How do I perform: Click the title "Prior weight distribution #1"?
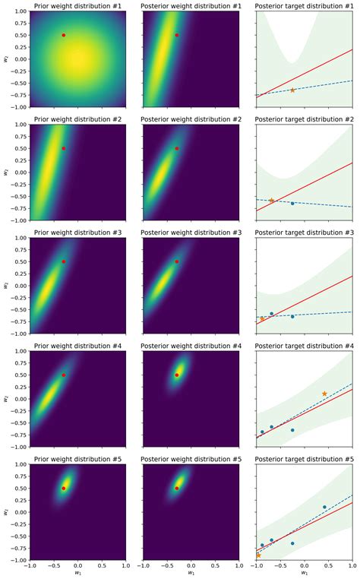77,5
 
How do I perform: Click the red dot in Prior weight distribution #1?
64,35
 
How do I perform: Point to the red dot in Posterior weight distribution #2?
177,148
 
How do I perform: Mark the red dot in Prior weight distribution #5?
64,488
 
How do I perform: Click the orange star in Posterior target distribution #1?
292,90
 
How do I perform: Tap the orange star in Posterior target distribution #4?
324,394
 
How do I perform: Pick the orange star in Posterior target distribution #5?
258,555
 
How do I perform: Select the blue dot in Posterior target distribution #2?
292,203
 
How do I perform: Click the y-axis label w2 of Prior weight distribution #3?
7,286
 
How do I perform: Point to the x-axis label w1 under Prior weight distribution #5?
77,574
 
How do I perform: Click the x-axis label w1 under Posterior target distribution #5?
305,574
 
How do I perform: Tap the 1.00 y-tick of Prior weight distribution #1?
18,11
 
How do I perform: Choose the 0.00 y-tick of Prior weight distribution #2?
18,172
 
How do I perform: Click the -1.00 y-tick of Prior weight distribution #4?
17,447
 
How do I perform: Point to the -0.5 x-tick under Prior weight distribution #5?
54,566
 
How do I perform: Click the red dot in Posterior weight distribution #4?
177,375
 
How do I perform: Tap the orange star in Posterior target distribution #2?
272,201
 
